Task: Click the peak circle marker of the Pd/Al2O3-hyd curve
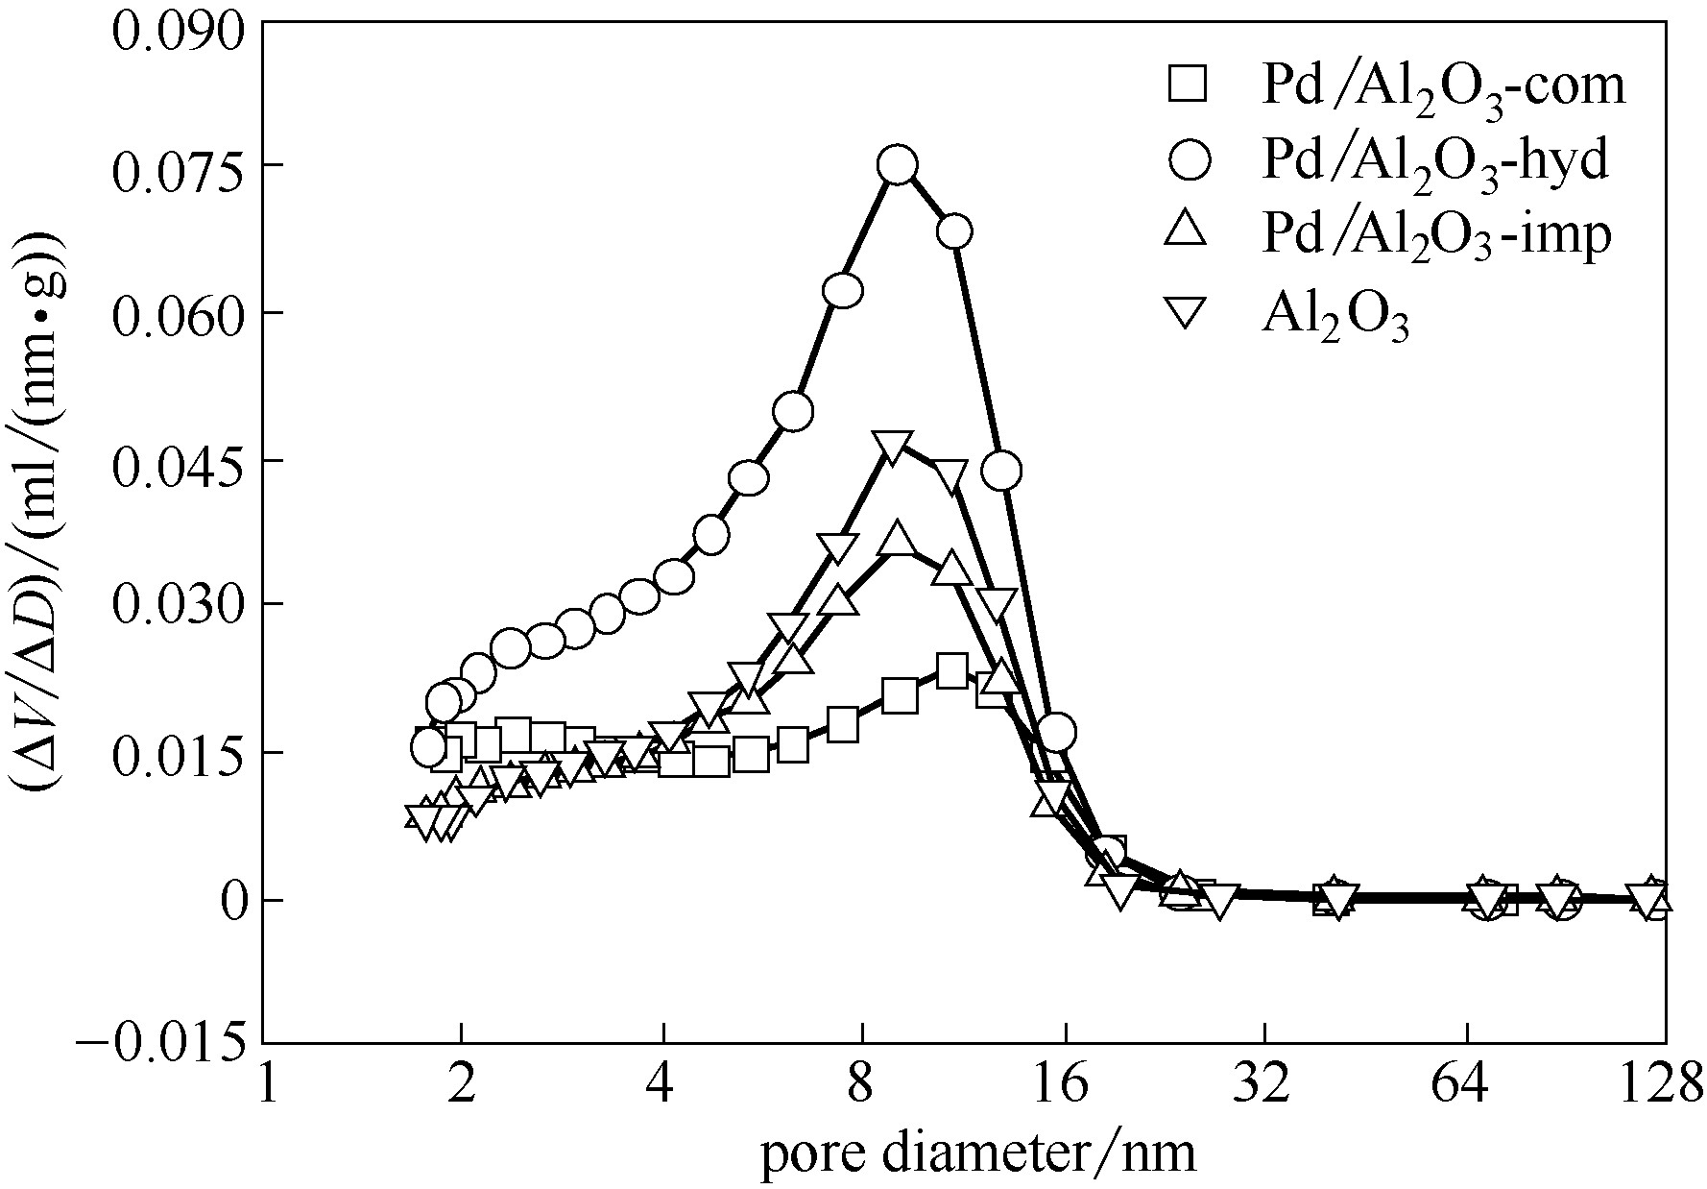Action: click(x=898, y=165)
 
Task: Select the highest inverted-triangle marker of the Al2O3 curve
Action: click(x=893, y=447)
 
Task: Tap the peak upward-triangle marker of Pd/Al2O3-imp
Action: click(x=898, y=540)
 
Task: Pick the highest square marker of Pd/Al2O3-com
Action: click(x=950, y=670)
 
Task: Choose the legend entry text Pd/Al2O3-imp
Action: click(x=1435, y=238)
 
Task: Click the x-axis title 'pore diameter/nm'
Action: click(x=978, y=1152)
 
